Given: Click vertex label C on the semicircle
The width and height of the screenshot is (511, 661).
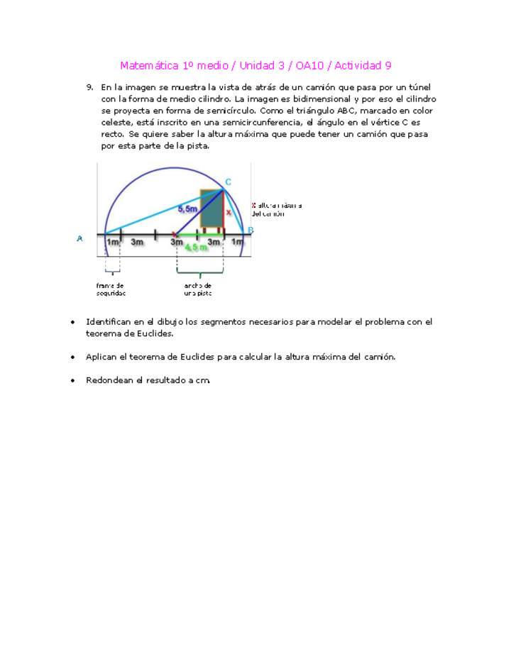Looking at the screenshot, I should [228, 182].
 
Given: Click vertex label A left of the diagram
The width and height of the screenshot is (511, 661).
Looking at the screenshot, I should [79, 239].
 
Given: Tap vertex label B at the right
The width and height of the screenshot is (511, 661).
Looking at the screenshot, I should [251, 230].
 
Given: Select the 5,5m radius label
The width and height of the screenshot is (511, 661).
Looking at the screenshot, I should [187, 209].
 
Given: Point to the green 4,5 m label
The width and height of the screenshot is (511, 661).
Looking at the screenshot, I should [196, 248].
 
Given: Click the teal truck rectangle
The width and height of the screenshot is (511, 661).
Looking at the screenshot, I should [211, 208].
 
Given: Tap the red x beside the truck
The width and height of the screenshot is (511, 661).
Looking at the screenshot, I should [229, 212].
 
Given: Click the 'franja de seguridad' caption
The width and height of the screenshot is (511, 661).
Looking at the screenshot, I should [111, 289].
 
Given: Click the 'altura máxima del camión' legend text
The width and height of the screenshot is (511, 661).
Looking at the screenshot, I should [278, 209].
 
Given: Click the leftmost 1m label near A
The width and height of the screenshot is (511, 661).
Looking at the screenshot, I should [112, 243].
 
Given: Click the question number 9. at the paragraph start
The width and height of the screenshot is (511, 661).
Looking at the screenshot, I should [90, 87].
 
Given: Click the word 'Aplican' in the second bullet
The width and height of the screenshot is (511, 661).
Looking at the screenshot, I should [101, 357].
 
